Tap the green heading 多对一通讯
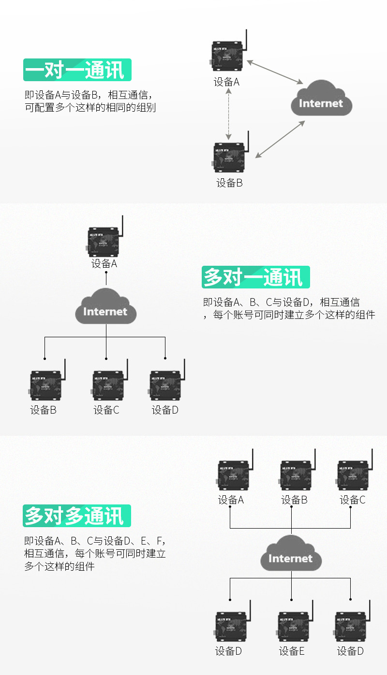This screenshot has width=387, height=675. click(x=255, y=277)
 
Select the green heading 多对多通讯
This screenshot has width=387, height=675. click(x=77, y=516)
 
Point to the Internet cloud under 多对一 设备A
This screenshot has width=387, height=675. click(x=106, y=307)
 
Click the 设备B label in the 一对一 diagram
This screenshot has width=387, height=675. click(x=229, y=183)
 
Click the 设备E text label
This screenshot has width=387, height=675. click(x=292, y=651)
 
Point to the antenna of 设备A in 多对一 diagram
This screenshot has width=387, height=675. click(x=122, y=227)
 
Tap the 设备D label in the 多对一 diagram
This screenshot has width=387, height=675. click(x=165, y=410)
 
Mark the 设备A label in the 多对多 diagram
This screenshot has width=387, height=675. click(x=231, y=500)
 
